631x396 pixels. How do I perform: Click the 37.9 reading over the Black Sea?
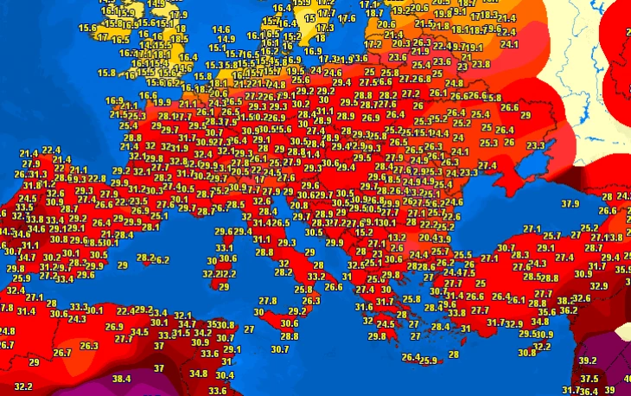pos(570,204)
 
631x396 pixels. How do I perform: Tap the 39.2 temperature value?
pos(588,361)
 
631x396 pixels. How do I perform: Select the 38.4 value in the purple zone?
pos(121,378)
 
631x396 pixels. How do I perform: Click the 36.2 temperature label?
pos(568,310)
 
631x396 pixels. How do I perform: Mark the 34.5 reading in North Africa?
pos(139,331)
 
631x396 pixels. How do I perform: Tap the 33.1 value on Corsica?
pos(224,246)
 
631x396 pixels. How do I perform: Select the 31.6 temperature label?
pos(364,306)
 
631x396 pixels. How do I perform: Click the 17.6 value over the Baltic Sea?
pos(347,18)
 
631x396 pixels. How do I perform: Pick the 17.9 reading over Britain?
pos(178,15)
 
